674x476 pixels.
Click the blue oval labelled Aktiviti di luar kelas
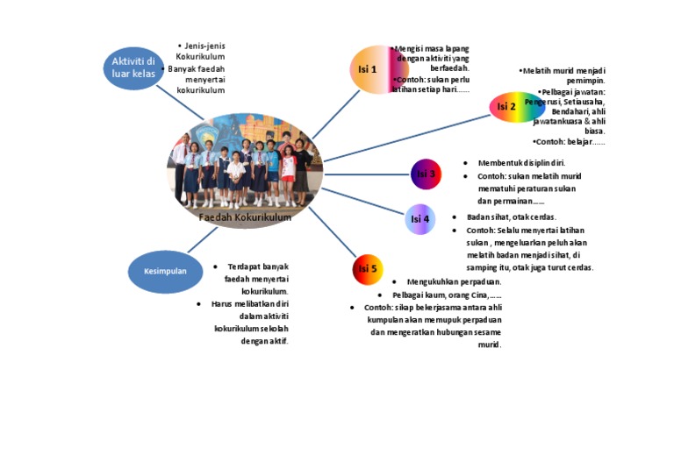pos(133,67)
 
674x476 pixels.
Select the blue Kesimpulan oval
pos(165,271)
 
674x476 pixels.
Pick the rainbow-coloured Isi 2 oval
pos(516,107)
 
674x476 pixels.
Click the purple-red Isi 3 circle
pos(426,174)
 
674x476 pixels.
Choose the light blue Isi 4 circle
pos(420,219)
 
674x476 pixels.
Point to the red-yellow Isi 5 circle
pos(368,269)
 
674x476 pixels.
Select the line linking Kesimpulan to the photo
pos(203,240)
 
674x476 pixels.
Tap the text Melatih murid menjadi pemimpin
pos(565,75)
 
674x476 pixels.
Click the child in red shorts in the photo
pos(288,167)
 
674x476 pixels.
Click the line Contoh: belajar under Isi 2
pos(570,141)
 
